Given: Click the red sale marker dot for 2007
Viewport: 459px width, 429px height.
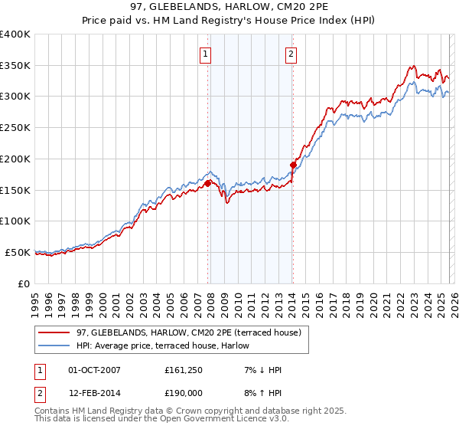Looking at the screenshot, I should [207, 183].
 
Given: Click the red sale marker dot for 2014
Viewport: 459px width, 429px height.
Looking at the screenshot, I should [293, 165].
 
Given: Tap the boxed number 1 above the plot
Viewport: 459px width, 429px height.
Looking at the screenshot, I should [207, 54].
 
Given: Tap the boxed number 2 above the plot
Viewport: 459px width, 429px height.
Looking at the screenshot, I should [292, 54].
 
